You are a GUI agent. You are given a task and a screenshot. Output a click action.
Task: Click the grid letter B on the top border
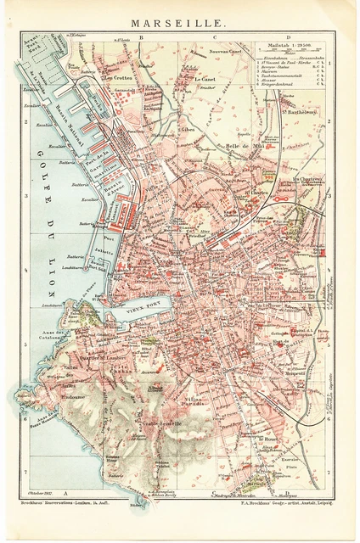(143, 38)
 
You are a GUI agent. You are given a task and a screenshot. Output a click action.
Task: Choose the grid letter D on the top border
(288, 38)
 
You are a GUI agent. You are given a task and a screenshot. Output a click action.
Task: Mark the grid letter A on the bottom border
(65, 493)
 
